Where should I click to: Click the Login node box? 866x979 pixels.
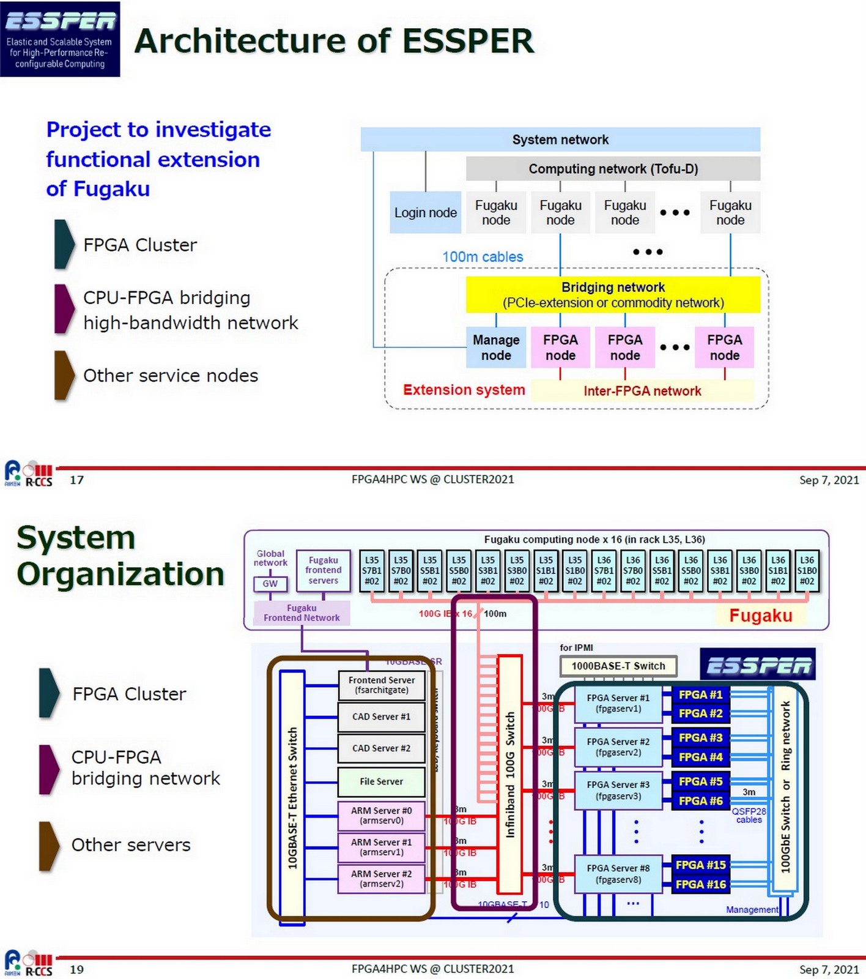pos(425,212)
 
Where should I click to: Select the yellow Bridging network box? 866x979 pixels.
pos(613,295)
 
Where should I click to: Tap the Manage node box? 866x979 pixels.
pos(495,348)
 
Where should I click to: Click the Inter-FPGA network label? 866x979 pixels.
pos(642,391)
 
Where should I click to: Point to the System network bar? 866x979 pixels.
pos(560,140)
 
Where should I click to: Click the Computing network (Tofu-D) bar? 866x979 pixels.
pos(613,169)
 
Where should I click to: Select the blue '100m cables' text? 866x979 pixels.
pos(483,257)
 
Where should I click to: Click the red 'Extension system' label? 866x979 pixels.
pos(464,390)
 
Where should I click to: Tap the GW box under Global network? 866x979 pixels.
pos(270,584)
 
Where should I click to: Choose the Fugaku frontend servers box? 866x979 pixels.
pos(323,570)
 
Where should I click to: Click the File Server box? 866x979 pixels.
pos(381,781)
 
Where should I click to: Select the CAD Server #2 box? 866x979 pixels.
pos(381,748)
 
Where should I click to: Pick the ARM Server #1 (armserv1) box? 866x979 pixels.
pos(381,847)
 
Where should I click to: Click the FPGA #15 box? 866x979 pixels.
pos(700,865)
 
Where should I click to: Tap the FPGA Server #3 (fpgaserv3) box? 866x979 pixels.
pos(618,791)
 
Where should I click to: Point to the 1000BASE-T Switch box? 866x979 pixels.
pos(618,666)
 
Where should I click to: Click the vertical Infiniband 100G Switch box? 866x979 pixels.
pos(510,774)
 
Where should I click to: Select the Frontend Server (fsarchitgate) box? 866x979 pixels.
pos(381,685)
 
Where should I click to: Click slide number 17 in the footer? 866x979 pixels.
pos(76,480)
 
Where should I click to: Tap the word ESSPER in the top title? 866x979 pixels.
pos(468,41)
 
